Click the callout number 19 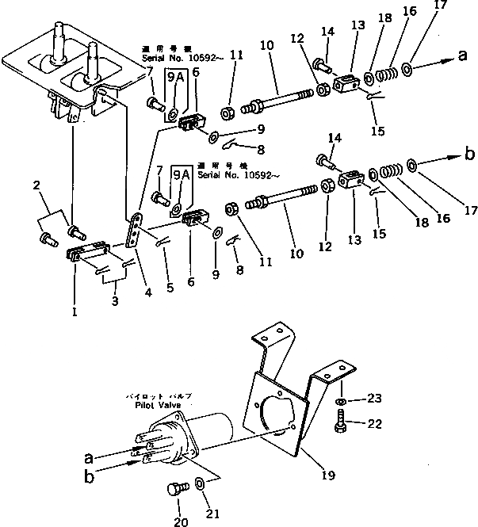(327, 475)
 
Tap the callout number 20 (182, 521)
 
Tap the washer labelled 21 (200, 484)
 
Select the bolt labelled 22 (339, 425)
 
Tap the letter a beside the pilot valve (90, 458)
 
